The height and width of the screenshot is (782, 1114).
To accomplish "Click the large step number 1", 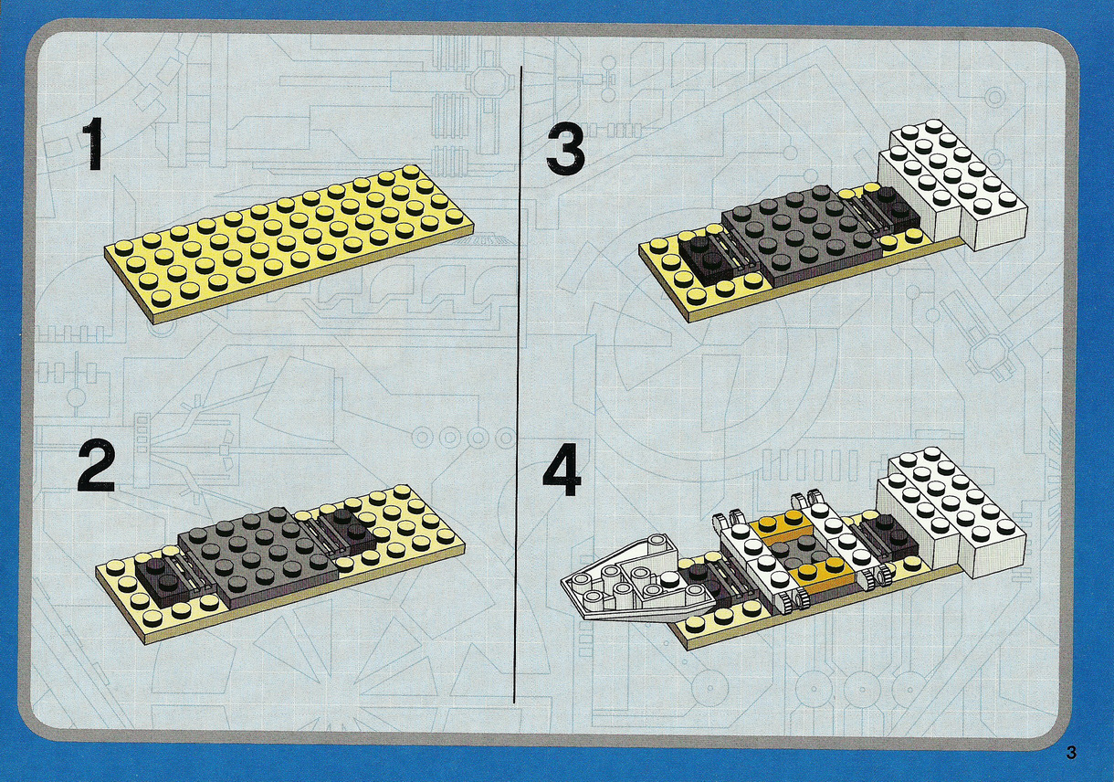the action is tap(92, 144).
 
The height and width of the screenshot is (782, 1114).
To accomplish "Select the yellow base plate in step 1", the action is tap(289, 244).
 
